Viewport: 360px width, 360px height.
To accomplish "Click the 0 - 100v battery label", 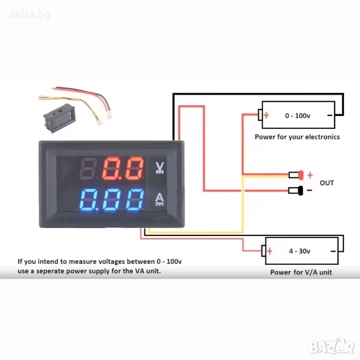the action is click(298, 115).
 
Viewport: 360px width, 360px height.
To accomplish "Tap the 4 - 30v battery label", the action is click(300, 251).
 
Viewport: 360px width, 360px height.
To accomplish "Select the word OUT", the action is click(327, 183).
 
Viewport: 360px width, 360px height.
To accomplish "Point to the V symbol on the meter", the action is click(160, 168).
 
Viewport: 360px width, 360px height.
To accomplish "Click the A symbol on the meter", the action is click(159, 199).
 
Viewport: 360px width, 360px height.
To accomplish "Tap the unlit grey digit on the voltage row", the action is click(88, 168).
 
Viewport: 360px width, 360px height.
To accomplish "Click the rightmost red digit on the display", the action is click(135, 168).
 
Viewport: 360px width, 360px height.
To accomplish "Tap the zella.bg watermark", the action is click(30, 15).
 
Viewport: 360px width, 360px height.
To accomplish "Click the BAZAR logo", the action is click(331, 347).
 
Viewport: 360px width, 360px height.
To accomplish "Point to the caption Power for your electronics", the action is click(297, 137).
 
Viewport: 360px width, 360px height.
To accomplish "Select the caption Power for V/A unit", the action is click(301, 272).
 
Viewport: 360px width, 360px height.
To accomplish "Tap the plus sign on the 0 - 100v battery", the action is click(266, 115).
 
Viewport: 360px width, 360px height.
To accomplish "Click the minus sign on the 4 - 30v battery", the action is click(333, 251).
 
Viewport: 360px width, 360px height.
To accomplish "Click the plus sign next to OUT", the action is click(310, 175).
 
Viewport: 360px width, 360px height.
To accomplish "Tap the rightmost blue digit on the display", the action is click(135, 200).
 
